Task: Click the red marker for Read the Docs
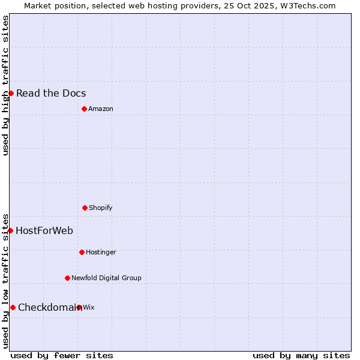coord(11,93)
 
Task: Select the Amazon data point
coord(84,109)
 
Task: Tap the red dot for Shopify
coord(85,208)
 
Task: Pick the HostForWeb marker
coord(10,230)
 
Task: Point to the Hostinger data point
coord(82,252)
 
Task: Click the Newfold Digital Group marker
coord(67,278)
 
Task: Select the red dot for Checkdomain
coord(13,307)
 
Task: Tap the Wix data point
coord(79,307)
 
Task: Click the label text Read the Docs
coord(51,93)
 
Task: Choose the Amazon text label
coord(101,109)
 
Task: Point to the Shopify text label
coord(101,208)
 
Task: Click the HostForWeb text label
coord(44,230)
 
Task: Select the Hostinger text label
coord(101,252)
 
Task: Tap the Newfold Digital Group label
coord(106,278)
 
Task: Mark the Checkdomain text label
coord(49,307)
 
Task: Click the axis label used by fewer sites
coord(62,355)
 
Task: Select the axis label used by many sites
coord(301,355)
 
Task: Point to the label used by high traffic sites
coord(5,85)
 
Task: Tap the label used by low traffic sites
coord(5,280)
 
